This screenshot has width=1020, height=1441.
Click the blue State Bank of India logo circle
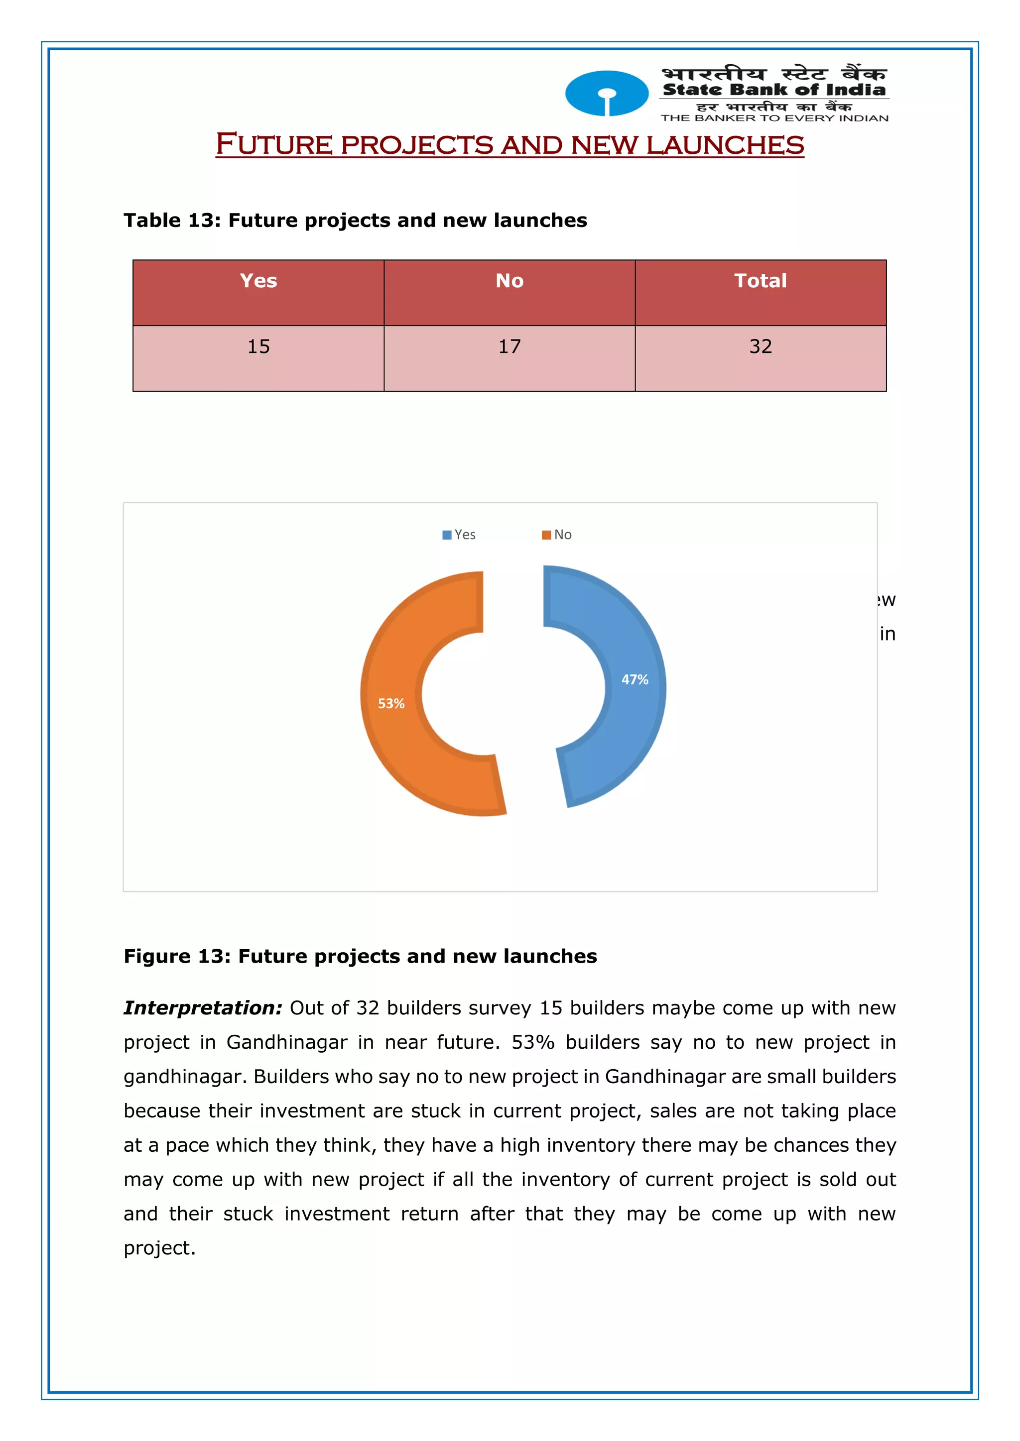[x=606, y=94]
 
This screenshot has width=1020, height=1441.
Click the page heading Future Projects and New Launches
[x=510, y=144]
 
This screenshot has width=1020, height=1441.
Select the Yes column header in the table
[x=258, y=281]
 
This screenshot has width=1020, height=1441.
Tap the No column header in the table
[x=510, y=281]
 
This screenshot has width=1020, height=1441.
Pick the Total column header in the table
[x=760, y=281]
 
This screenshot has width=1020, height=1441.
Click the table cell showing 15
[x=258, y=346]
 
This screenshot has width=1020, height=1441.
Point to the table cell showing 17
[x=510, y=346]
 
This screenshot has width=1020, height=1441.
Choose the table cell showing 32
[x=760, y=346]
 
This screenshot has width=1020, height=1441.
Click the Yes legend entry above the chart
[x=459, y=535]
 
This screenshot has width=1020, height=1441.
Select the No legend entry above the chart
[x=557, y=535]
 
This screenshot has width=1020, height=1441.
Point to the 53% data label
[x=390, y=703]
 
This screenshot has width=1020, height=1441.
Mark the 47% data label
[x=635, y=680]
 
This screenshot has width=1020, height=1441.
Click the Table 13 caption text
[x=355, y=221]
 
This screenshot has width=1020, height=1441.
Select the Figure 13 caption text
[x=360, y=956]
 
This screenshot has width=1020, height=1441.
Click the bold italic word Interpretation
[x=203, y=1008]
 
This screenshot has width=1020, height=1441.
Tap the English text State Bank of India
[x=774, y=90]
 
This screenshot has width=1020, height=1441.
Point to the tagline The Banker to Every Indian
[x=774, y=118]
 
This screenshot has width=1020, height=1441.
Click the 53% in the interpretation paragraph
[x=532, y=1042]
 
